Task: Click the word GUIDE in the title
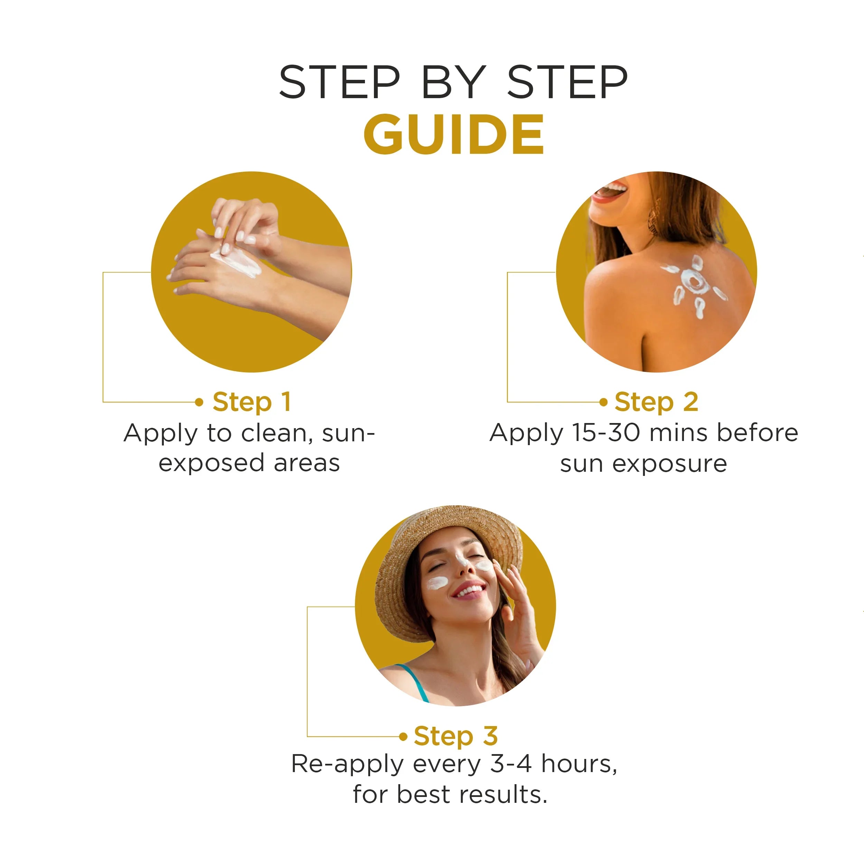coord(453,134)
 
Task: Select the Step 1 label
coord(252,402)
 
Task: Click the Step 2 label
coord(656,402)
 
